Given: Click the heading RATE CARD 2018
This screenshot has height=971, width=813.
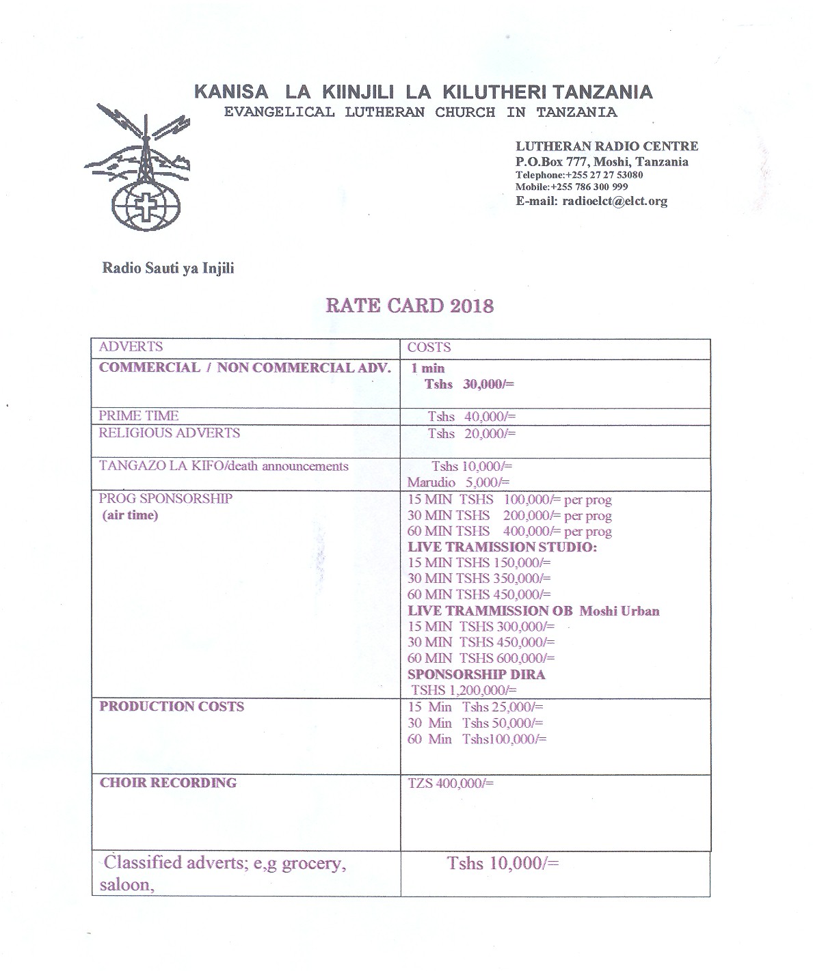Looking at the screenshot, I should [409, 305].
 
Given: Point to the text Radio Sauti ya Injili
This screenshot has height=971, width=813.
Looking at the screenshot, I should [168, 268].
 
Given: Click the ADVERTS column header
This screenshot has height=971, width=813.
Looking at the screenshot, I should [131, 346].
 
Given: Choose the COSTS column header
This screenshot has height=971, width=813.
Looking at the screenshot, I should [429, 348].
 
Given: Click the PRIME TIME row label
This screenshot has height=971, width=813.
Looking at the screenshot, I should [138, 415].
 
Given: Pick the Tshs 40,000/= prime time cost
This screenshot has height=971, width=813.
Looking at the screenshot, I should [472, 417].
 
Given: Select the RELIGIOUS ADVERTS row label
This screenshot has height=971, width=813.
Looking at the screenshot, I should [169, 433].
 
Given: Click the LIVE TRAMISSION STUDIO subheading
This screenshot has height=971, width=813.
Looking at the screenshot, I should [502, 547].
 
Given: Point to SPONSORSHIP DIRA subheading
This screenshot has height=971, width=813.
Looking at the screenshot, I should [476, 674].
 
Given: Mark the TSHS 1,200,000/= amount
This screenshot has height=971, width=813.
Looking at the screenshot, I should [464, 690].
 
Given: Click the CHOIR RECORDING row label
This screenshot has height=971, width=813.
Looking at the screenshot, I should [168, 783].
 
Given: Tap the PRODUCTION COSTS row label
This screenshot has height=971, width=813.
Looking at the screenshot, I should [172, 707].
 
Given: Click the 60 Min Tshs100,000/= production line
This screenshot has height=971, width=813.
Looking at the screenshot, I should [477, 739].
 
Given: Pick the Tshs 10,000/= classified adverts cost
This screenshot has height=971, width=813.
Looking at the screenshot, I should [503, 863].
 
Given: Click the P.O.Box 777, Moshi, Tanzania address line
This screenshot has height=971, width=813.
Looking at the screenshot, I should [602, 162].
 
